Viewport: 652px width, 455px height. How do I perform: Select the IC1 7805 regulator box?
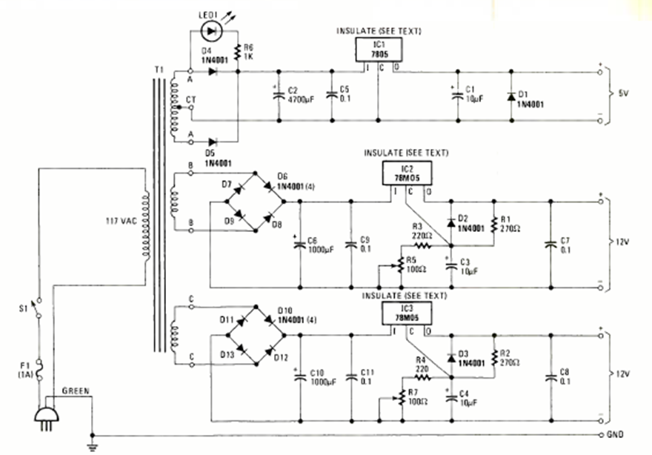pos(379,50)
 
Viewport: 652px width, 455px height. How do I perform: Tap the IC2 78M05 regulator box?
pos(406,173)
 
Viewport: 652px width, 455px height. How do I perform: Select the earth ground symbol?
pos(92,445)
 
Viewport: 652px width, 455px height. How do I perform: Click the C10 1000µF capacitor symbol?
pos(301,378)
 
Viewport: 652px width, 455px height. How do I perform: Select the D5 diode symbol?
pos(213,141)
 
